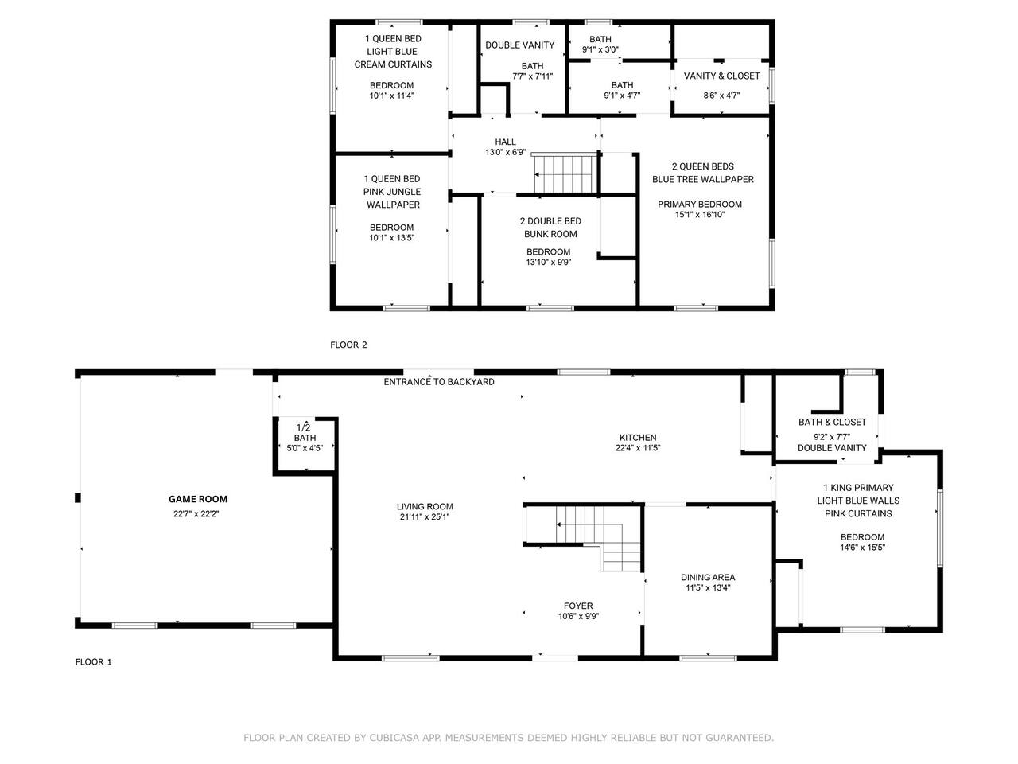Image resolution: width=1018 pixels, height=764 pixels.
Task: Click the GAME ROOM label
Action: click(198, 499)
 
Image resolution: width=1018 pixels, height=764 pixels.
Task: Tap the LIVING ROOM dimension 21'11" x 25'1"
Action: click(425, 516)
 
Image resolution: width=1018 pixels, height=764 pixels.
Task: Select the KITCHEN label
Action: click(638, 438)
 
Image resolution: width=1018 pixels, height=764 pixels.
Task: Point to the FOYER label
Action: click(578, 606)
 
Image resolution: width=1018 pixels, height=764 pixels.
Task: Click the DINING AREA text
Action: click(708, 578)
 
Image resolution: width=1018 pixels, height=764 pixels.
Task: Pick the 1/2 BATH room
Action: click(305, 446)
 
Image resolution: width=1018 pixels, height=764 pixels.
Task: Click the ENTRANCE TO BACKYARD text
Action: click(439, 382)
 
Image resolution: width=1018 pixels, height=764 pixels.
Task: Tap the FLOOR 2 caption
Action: click(348, 345)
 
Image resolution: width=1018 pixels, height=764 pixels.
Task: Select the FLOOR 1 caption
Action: click(93, 662)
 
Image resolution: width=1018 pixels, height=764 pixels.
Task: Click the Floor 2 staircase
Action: click(565, 174)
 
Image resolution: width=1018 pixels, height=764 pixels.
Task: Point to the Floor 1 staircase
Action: click(598, 538)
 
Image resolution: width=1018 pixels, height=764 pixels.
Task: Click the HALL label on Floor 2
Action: click(505, 142)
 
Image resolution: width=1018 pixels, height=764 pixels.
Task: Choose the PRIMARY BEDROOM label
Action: click(700, 204)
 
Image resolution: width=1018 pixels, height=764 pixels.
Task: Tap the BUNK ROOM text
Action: click(550, 234)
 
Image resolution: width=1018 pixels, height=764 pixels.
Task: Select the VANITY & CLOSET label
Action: click(721, 76)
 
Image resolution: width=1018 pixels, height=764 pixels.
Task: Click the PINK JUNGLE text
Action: click(392, 192)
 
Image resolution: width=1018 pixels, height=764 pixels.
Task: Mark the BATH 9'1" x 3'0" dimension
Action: click(600, 49)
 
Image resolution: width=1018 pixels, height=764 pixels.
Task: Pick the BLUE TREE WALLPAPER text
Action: click(703, 179)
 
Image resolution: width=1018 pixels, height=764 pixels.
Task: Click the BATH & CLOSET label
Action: click(833, 422)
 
